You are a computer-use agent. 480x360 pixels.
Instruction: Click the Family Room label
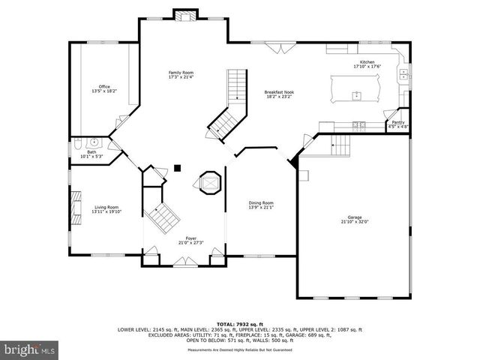click(x=181, y=72)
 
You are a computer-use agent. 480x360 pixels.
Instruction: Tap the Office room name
click(x=104, y=86)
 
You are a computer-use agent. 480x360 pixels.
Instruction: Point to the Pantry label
click(x=398, y=121)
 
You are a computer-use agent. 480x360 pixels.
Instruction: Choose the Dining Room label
click(x=261, y=202)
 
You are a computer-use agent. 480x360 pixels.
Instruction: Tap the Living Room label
click(x=106, y=207)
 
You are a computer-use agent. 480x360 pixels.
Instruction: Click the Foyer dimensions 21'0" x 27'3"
click(x=191, y=243)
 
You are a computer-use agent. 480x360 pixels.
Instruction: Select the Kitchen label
click(x=367, y=61)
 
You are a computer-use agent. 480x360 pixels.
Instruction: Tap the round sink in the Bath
click(x=94, y=142)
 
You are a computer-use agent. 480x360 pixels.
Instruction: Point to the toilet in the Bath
click(x=77, y=143)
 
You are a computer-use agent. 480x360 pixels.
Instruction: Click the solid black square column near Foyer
click(x=177, y=168)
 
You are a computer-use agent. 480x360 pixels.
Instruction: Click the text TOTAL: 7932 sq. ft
click(x=239, y=322)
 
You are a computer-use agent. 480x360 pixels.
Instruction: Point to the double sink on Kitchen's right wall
click(x=404, y=73)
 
